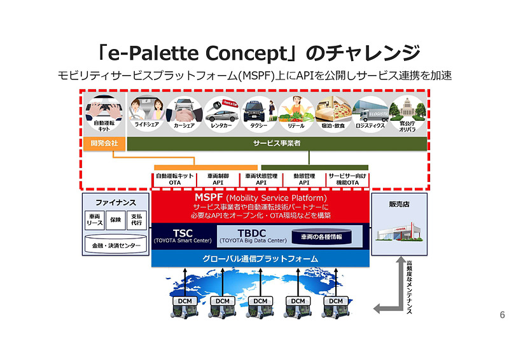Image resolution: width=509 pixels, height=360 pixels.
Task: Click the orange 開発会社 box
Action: [x=105, y=144]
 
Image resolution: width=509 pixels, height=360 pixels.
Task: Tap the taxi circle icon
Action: [x=257, y=109]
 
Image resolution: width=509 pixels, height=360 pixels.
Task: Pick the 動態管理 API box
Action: [x=303, y=179]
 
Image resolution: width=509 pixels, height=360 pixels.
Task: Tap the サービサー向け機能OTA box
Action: [x=347, y=179]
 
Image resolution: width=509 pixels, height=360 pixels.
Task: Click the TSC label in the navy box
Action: [x=183, y=233]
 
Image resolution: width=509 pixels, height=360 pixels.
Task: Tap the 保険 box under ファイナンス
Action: [x=115, y=219]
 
